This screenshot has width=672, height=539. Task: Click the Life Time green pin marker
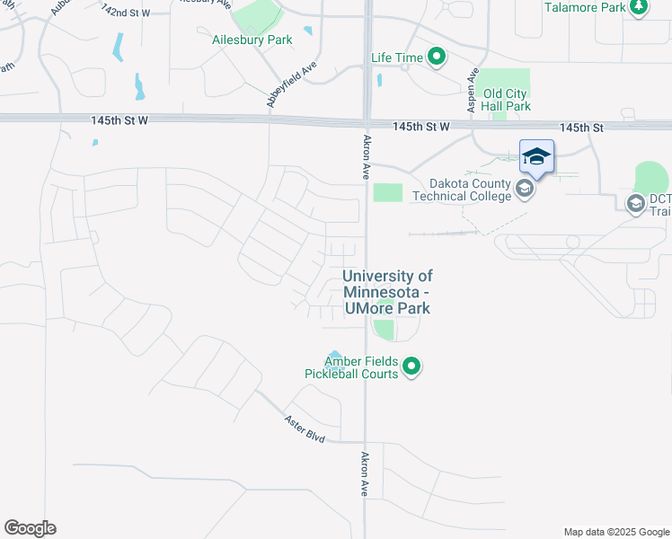tap(437, 58)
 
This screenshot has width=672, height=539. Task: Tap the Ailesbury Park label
tap(240, 40)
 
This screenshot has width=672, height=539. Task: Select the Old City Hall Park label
tap(507, 100)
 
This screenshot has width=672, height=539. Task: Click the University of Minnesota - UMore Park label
tap(387, 292)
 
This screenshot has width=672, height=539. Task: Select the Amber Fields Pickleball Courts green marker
tap(412, 367)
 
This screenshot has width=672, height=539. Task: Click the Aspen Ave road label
tap(471, 91)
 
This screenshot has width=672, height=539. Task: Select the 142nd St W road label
tap(126, 11)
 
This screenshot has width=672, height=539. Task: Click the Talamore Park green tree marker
tap(639, 8)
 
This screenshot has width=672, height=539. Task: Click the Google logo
tap(30, 528)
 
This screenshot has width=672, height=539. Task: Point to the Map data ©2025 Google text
tap(615, 532)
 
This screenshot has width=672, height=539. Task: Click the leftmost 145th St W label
tap(119, 119)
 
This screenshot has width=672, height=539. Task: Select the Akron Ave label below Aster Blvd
tap(366, 474)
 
